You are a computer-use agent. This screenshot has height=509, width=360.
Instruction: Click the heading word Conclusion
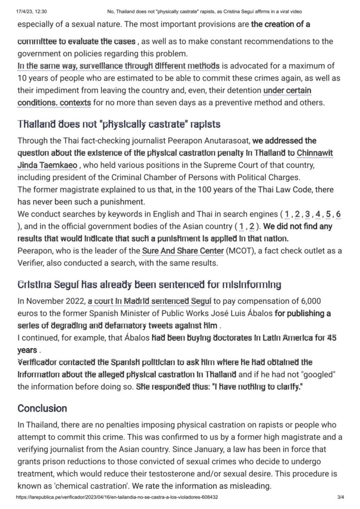pyautogui.click(x=42, y=408)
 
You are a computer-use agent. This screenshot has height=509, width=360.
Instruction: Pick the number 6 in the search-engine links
pyautogui.click(x=338, y=214)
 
